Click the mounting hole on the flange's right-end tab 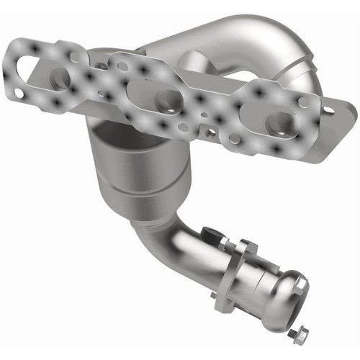pos(330,110)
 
